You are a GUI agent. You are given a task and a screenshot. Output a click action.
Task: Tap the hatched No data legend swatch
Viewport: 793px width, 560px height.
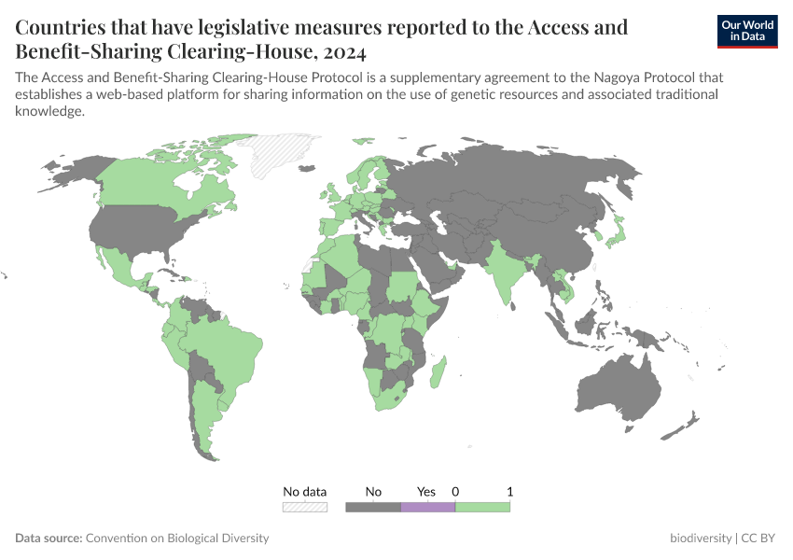(x=305, y=507)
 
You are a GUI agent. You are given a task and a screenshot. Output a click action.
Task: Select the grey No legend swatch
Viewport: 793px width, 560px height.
(x=373, y=507)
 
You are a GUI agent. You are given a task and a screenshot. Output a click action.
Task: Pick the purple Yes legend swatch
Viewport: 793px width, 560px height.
(x=427, y=507)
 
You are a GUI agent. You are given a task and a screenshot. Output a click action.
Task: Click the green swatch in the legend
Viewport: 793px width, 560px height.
(x=482, y=507)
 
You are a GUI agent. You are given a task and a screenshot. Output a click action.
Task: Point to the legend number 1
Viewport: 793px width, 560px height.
(x=509, y=491)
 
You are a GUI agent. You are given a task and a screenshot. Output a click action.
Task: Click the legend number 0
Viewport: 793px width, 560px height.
(x=455, y=491)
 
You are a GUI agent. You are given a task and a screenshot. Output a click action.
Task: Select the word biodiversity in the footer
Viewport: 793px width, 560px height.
(x=701, y=539)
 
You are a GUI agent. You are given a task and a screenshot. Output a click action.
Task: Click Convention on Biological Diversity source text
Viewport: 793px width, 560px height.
(x=177, y=539)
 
